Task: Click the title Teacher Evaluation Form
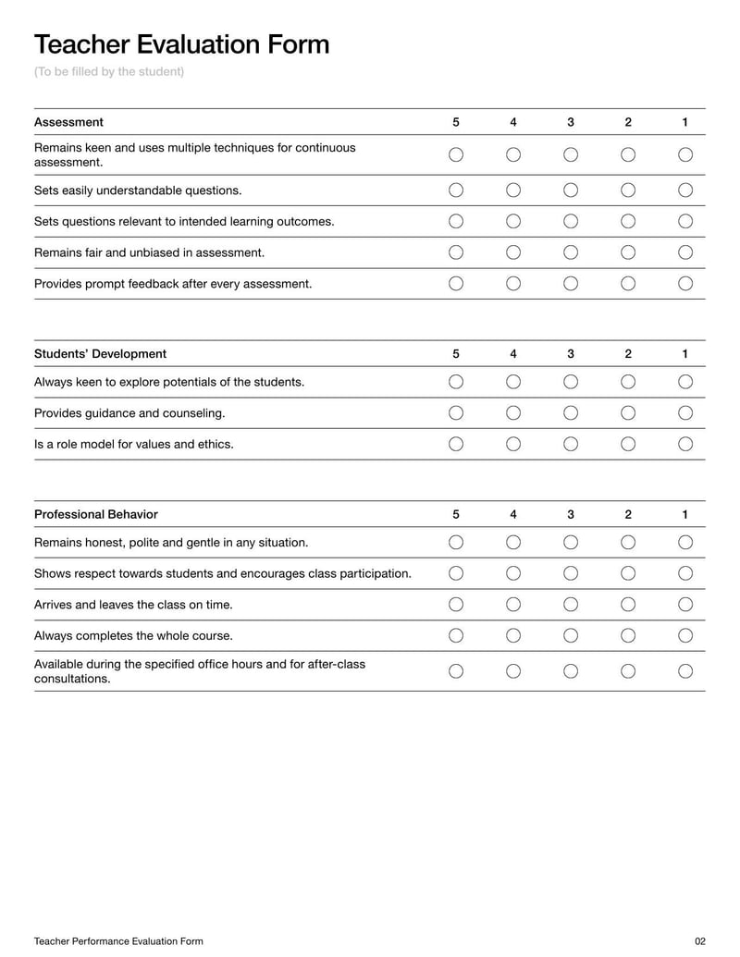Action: coord(181,43)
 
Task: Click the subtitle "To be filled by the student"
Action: coord(109,72)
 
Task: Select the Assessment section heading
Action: coord(68,122)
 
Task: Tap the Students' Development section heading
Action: coord(100,353)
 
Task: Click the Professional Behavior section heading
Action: coord(95,514)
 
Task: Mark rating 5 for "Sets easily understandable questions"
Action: coord(456,190)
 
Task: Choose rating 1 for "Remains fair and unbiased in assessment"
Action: coord(685,252)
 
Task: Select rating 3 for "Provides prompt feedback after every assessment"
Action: coord(571,283)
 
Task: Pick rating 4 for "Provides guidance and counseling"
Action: coord(513,412)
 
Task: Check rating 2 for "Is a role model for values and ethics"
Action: coord(628,444)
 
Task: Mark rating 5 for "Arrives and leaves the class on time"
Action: coord(456,605)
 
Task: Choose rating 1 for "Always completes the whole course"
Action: coord(685,635)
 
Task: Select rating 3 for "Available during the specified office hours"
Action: coord(571,671)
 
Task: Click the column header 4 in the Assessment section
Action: coord(513,122)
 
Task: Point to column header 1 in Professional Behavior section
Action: coord(685,514)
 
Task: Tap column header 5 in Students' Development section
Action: coord(456,353)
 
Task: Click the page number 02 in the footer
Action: coord(699,941)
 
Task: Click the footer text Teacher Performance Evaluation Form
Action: coord(118,941)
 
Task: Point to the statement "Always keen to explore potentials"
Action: coord(169,382)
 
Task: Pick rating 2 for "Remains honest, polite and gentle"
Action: coord(628,542)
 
